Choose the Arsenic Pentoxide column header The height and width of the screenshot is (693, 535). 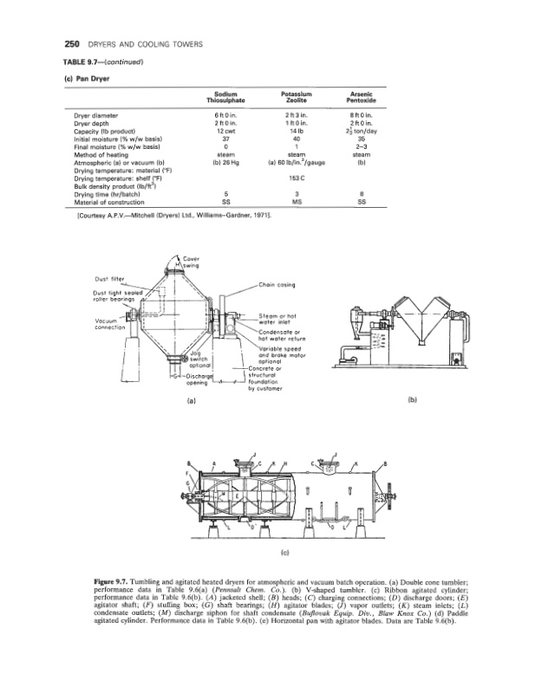click(x=361, y=98)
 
